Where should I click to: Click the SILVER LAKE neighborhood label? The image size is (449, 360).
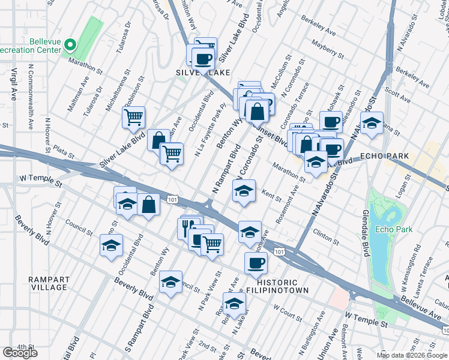[202, 73]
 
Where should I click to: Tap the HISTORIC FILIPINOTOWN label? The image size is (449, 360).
[282, 286]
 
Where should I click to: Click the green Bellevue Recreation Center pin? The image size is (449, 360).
[70, 45]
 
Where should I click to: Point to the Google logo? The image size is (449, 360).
[20, 353]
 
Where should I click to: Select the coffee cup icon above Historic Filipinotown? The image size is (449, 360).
[256, 262]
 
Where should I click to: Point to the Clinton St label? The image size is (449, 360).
[325, 236]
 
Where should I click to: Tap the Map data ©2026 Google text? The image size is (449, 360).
[411, 355]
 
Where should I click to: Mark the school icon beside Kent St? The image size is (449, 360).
[243, 191]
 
